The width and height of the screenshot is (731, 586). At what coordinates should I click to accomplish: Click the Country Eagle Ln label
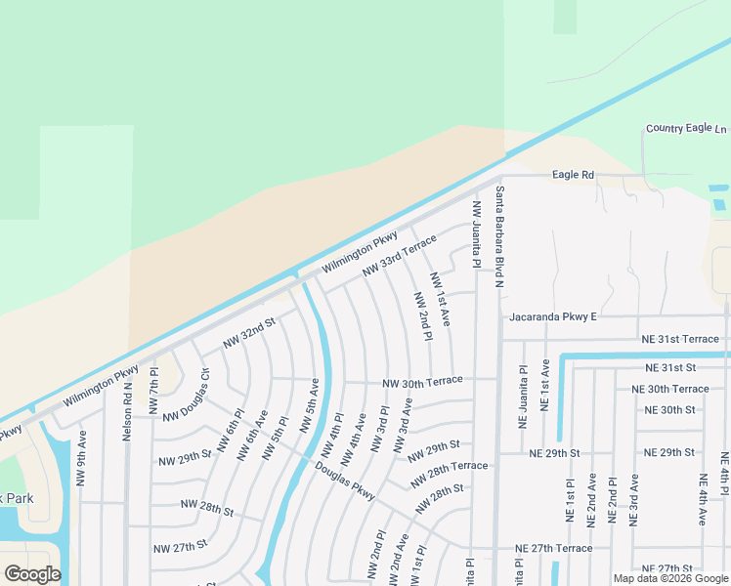pos(686,129)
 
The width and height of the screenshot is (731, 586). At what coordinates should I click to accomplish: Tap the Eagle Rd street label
pos(573,175)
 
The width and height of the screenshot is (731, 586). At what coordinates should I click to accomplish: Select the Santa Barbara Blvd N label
pos(498,236)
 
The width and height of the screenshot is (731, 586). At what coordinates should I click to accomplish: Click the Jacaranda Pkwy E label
pos(552,317)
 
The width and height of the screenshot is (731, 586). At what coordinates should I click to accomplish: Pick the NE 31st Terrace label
pos(679,338)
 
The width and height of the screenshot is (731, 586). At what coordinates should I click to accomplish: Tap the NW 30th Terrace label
pos(421,384)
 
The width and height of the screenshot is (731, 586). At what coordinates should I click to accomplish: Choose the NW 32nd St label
pos(250,331)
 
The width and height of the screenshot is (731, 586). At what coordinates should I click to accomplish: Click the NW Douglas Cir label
pos(186,395)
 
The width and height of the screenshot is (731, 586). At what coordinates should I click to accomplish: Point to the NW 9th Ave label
pos(81,458)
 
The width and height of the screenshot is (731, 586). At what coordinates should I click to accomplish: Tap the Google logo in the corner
pos(31,574)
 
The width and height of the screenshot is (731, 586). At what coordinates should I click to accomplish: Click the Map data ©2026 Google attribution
pos(670,578)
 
